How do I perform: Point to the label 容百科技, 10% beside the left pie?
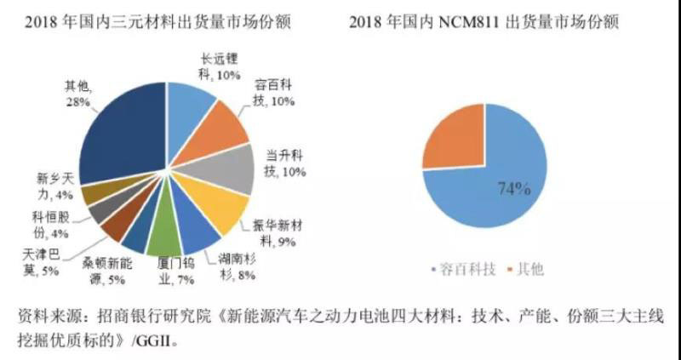click(x=274, y=92)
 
